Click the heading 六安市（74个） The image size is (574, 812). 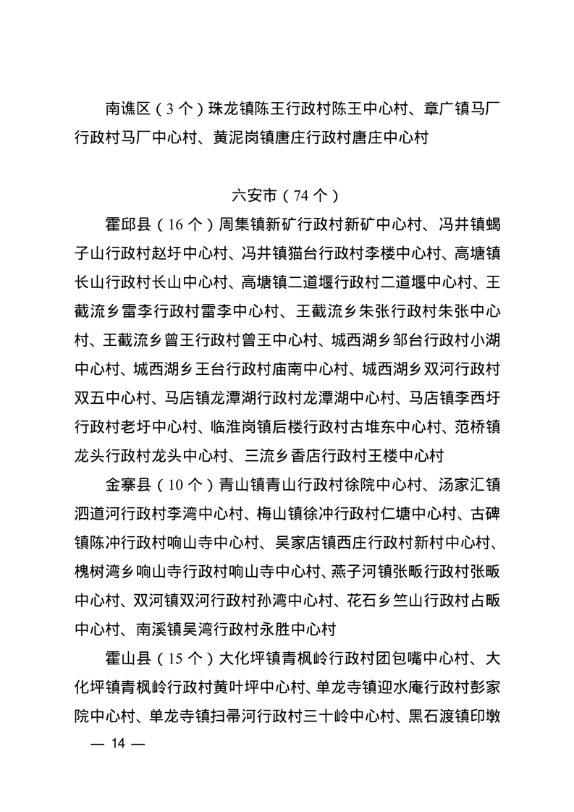286,195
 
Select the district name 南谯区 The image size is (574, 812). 127,109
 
